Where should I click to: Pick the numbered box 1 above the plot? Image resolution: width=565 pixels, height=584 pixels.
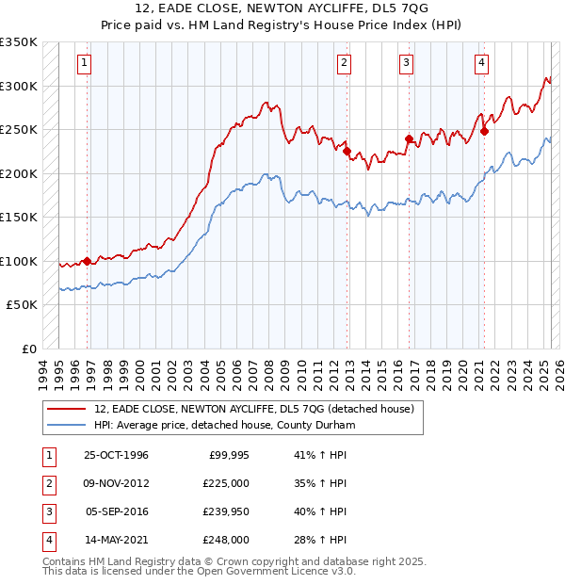click(85, 63)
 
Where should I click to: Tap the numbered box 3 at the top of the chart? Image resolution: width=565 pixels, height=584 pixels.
click(406, 63)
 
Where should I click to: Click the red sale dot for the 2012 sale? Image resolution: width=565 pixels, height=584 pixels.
click(347, 151)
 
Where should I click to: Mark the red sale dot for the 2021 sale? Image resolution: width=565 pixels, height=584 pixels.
click(484, 131)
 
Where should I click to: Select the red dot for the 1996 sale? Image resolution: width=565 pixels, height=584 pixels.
click(88, 261)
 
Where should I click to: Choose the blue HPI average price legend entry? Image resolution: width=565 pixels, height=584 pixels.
click(224, 425)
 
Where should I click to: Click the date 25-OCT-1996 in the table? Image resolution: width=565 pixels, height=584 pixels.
click(116, 455)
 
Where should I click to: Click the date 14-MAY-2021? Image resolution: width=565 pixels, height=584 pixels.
click(116, 540)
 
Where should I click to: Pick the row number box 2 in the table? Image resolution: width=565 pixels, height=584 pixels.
click(47, 483)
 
